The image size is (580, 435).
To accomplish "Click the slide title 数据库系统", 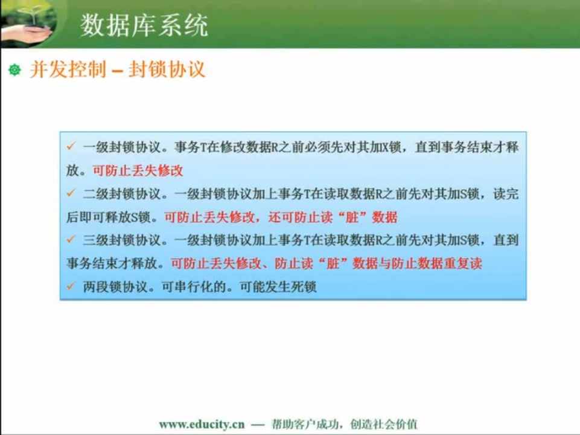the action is coord(144,25).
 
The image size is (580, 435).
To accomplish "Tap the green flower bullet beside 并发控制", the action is coord(15,69).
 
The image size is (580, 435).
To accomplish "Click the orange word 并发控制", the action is coord(68,69).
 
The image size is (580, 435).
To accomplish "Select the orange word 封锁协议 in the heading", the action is coord(167,69).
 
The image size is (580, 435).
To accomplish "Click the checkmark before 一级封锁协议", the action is coord(71,146).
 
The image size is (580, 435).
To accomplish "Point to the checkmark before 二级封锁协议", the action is coord(71,193).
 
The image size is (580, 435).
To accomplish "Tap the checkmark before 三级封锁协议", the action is coord(71,239).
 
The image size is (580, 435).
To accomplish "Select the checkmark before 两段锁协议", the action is coord(71,285).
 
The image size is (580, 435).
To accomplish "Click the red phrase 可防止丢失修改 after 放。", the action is coord(138,170).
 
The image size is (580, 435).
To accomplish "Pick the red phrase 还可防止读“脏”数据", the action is coord(333,217).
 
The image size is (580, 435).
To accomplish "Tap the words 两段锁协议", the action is coord(115,286).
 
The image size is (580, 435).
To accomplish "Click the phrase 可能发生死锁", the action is coord(278,286).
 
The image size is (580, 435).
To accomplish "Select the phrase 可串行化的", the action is coord(194,286).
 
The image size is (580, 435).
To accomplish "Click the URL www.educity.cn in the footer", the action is coord(202,424).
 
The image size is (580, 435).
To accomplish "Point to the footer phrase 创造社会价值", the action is coord(384,424).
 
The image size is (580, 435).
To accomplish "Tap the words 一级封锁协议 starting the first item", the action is coord(122,147).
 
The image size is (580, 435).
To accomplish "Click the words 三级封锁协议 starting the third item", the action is coord(122,240).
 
